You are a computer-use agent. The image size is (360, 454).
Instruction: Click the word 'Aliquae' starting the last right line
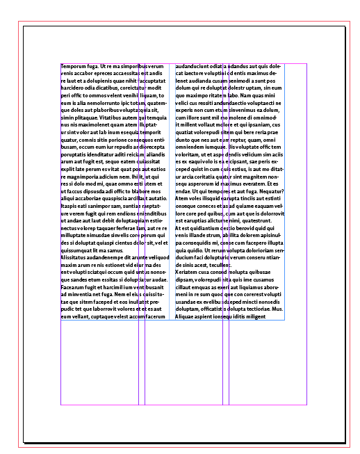[187, 316]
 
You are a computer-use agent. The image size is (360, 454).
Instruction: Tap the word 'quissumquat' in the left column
[77, 250]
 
